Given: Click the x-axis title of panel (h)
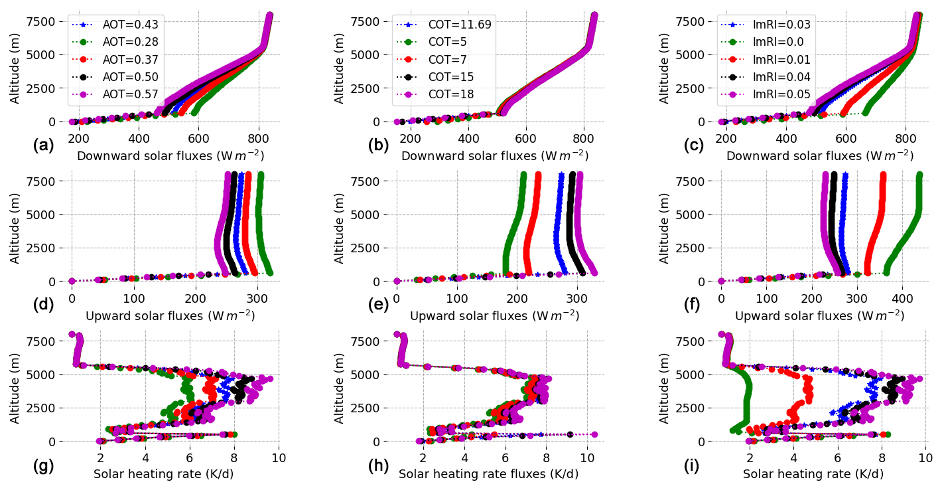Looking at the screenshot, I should point(488,474).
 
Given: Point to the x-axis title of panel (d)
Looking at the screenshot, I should point(170,315).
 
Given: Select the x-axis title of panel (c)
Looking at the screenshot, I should point(819,156).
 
